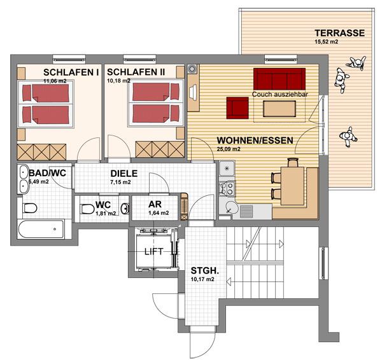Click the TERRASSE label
click(x=339, y=33)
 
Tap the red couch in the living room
click(x=279, y=79)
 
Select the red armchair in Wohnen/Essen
click(x=237, y=108)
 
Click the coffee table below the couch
click(x=279, y=109)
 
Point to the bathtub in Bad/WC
click(x=41, y=229)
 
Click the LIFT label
click(x=153, y=251)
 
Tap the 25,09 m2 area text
click(x=229, y=149)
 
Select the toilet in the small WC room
click(x=87, y=209)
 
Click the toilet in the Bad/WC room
click(x=30, y=208)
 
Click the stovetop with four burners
click(x=227, y=188)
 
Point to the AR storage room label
click(x=155, y=204)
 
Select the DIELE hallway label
click(x=124, y=173)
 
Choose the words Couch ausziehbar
click(x=280, y=94)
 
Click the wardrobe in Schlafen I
click(x=41, y=152)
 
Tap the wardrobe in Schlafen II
click(x=160, y=149)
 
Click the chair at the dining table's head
click(x=293, y=162)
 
